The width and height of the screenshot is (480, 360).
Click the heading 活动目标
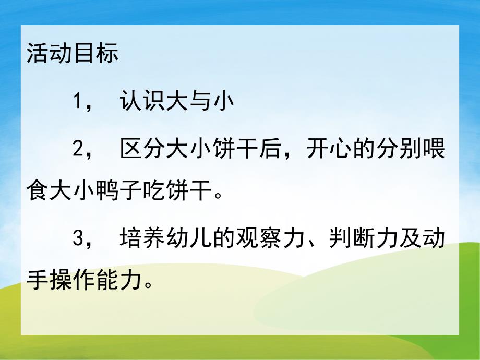click(x=73, y=54)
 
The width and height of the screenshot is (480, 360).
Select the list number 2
click(x=78, y=151)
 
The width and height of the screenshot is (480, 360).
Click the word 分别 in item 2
click(x=399, y=151)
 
